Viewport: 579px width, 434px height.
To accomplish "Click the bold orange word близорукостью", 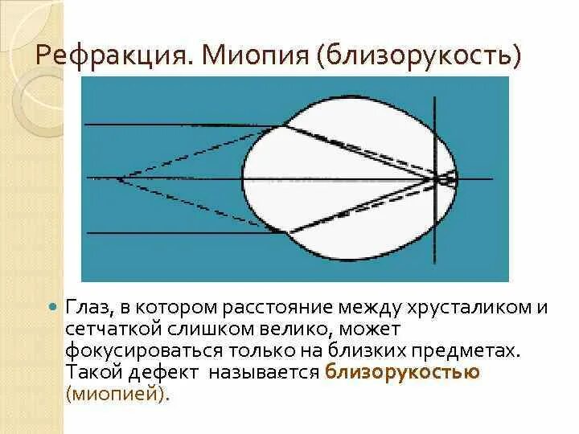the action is point(403,372).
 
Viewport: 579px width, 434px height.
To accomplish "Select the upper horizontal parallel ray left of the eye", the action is point(177,125).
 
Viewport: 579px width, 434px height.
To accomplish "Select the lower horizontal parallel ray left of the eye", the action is point(177,232).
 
